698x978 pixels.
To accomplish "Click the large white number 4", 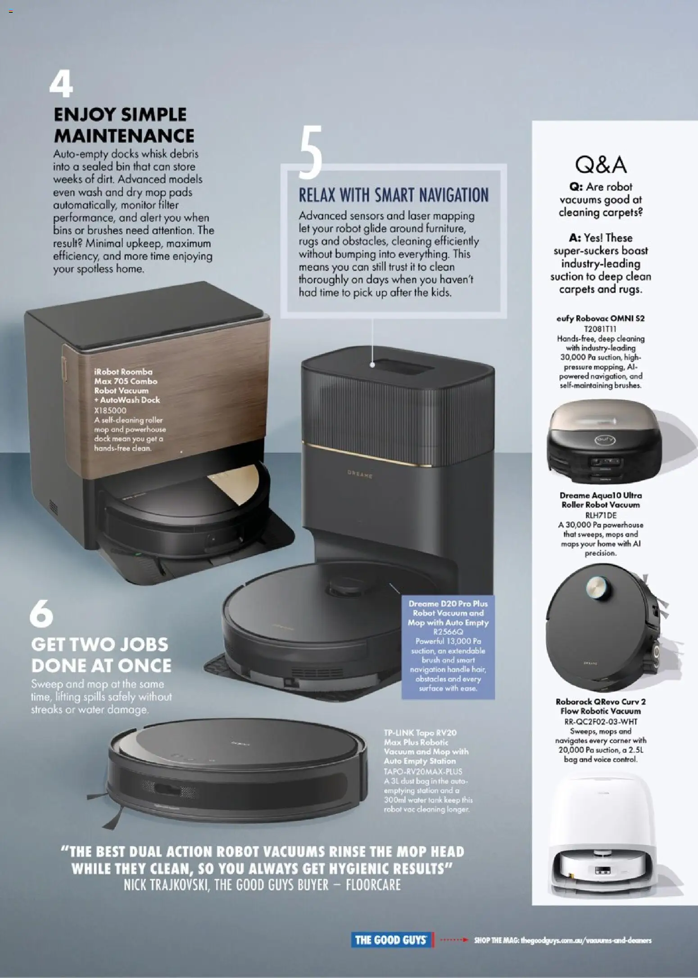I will tap(61, 85).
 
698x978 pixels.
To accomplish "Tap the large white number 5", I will tap(310, 152).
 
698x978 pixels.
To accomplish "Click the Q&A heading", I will tap(600, 165).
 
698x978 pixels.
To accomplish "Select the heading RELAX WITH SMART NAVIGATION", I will tap(394, 195).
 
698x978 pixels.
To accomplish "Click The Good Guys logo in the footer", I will tap(390, 940).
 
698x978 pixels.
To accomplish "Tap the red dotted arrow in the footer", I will tap(453, 940).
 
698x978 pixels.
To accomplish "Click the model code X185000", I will tap(110, 410).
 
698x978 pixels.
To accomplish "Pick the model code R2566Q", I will tap(448, 632).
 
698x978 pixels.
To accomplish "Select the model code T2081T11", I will tap(600, 329).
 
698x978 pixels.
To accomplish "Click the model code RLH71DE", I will tap(600, 515).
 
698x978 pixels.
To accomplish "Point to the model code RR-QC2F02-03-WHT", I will tap(600, 721).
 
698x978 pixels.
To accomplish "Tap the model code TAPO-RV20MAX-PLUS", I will tap(423, 771).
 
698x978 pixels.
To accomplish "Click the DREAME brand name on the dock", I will tap(360, 474).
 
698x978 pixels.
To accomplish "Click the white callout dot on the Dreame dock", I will tap(372, 365).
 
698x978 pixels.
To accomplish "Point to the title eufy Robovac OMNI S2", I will tap(600, 319).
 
